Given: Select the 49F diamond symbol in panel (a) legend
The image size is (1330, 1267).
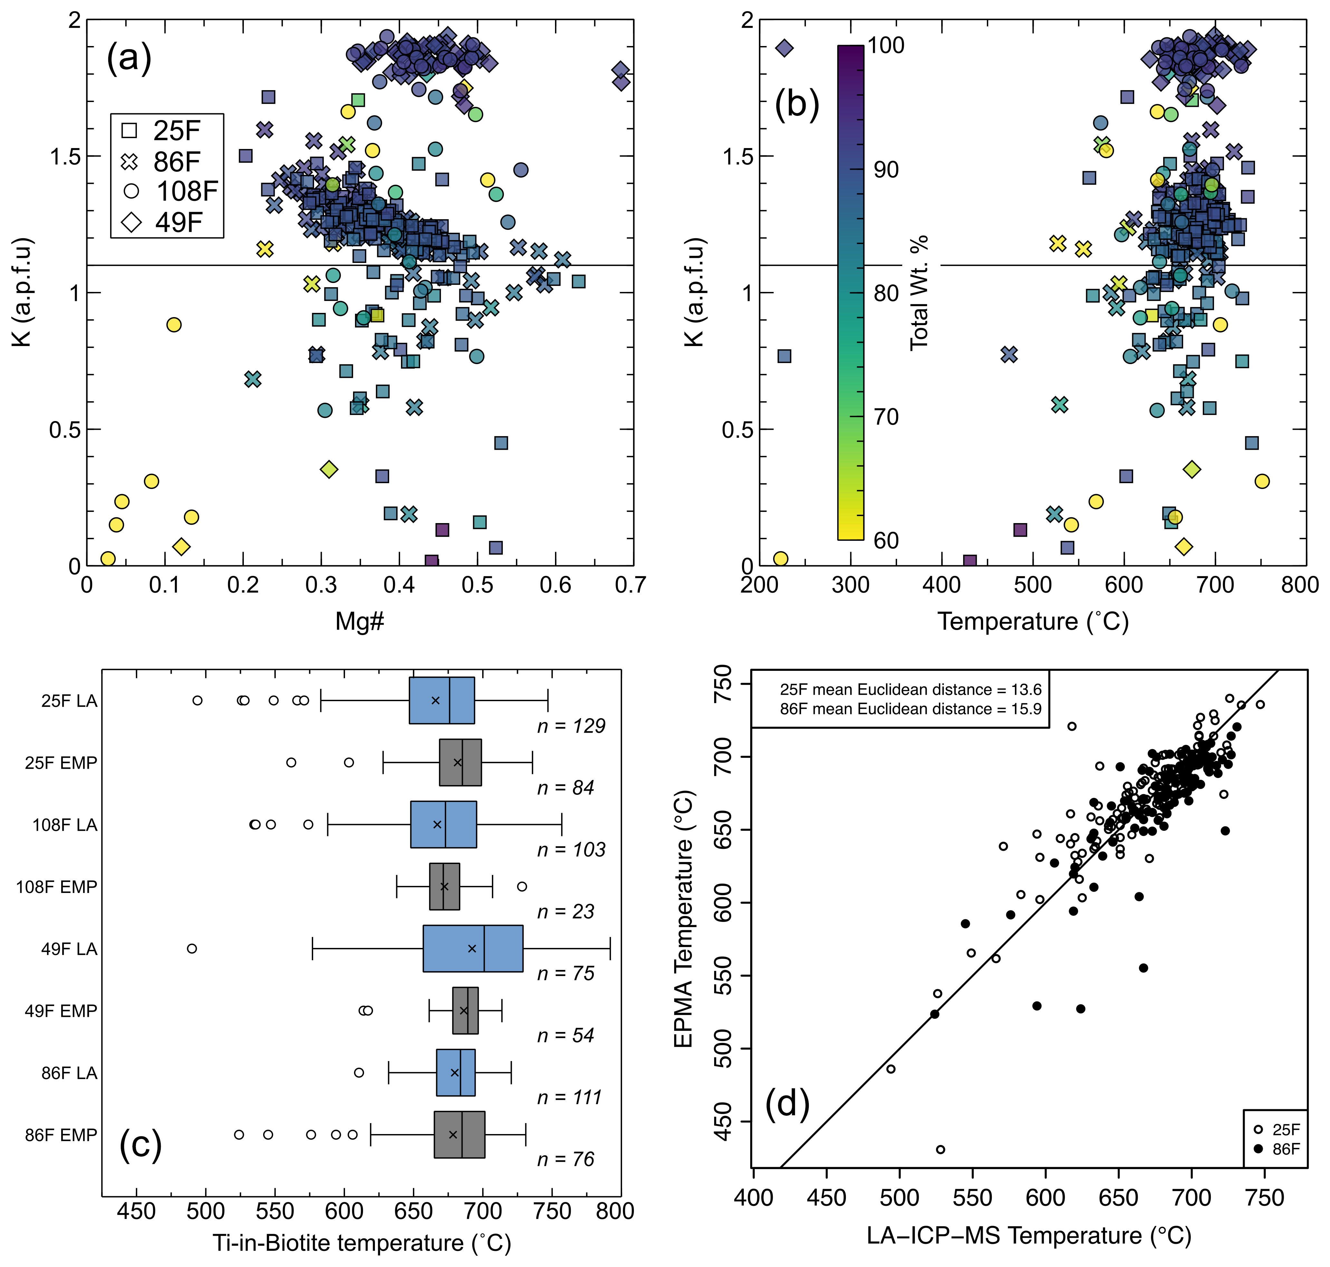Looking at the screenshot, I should pyautogui.click(x=131, y=221).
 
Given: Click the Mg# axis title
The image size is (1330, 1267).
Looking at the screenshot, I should pyautogui.click(x=359, y=621).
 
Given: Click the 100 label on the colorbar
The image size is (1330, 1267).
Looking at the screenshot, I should pyautogui.click(x=885, y=45).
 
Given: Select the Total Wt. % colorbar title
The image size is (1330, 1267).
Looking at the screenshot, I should pyautogui.click(x=919, y=292).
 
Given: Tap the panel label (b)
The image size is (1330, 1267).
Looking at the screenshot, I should pyautogui.click(x=797, y=105).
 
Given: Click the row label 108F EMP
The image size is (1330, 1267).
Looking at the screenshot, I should pyautogui.click(x=57, y=887).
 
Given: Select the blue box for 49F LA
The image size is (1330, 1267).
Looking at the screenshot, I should pyautogui.click(x=473, y=948).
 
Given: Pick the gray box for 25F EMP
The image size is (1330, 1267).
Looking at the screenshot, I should pyautogui.click(x=460, y=763).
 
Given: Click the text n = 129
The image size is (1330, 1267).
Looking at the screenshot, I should pyautogui.click(x=571, y=726).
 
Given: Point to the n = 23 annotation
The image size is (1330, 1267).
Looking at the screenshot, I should pyautogui.click(x=566, y=912).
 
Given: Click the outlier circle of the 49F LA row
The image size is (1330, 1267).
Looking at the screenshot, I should pyautogui.click(x=192, y=948).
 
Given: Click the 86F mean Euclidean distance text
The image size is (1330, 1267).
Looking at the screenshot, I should pyautogui.click(x=910, y=709).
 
